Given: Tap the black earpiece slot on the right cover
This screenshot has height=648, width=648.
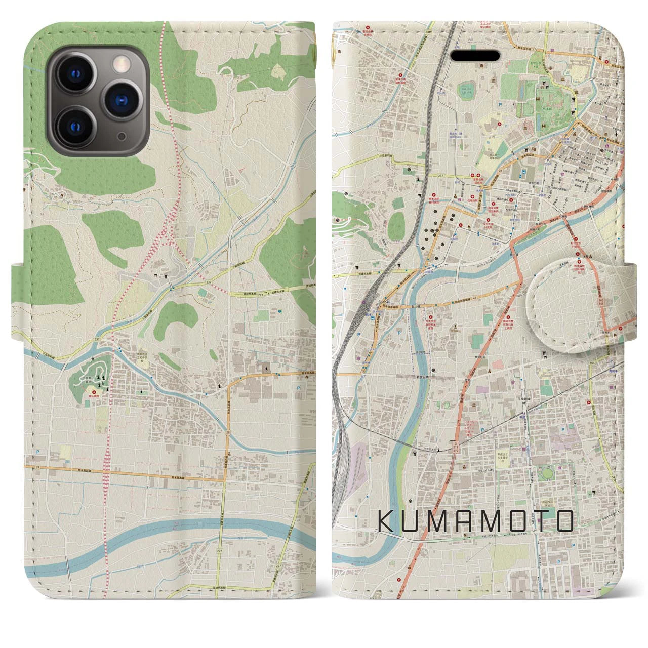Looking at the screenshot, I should (x=476, y=57).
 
